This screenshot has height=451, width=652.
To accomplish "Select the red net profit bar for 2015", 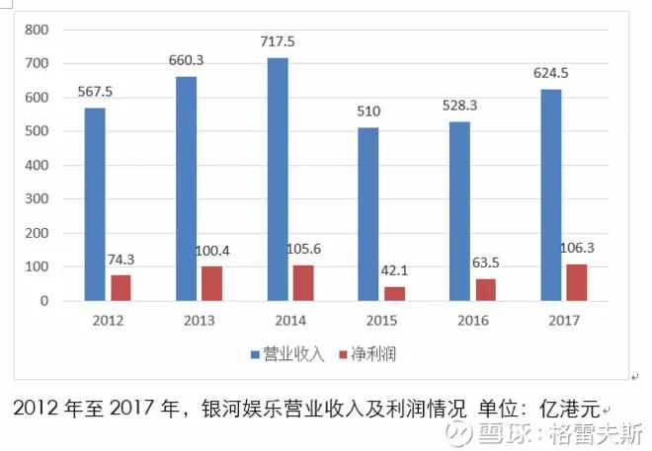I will click(393, 293).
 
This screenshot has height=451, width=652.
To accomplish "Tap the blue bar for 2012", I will click(95, 203).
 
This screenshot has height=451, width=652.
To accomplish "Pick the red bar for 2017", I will click(577, 282).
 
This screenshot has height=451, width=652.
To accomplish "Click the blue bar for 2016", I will click(460, 210).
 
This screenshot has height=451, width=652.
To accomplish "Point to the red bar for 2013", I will click(211, 283).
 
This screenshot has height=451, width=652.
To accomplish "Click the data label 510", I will click(369, 112).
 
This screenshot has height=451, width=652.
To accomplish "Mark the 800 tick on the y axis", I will click(37, 30).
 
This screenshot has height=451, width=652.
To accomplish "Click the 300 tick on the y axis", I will click(37, 199).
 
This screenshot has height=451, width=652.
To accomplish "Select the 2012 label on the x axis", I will click(108, 321).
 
